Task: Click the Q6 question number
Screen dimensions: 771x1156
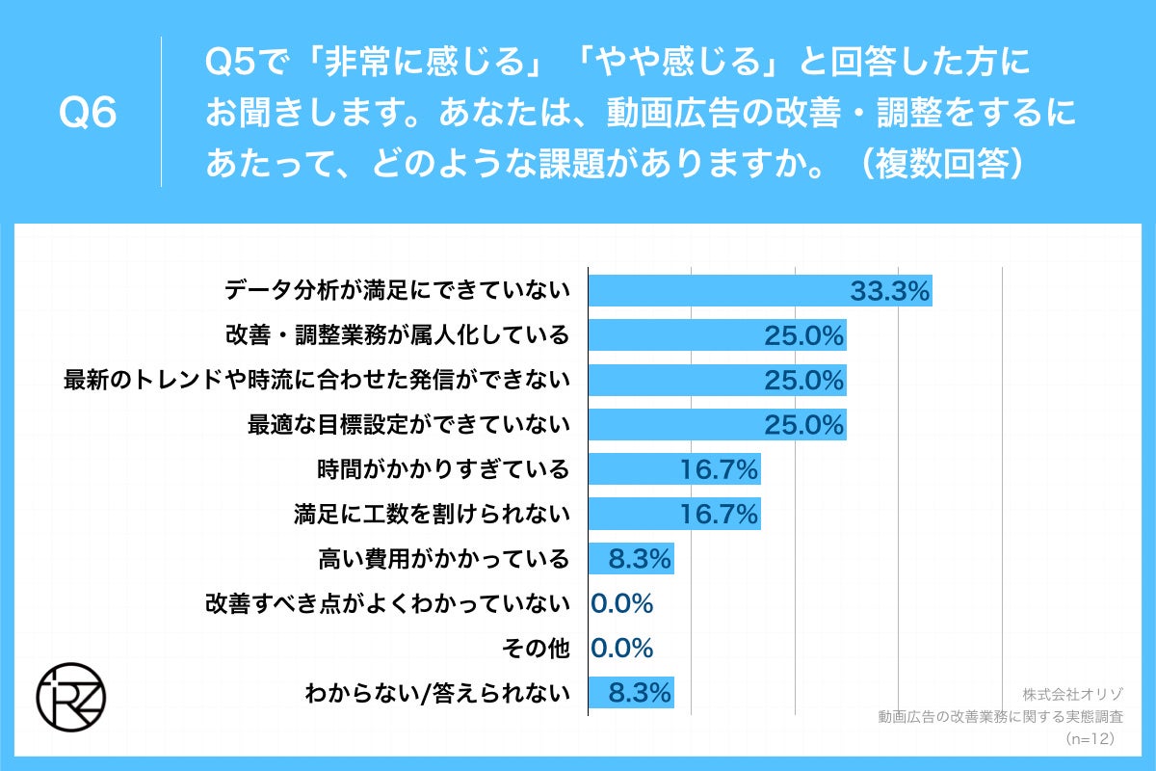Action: click(88, 114)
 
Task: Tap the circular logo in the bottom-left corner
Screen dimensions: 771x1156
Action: click(70, 696)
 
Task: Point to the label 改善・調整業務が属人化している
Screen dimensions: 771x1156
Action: click(397, 335)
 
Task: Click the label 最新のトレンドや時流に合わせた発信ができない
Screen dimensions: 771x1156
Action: click(317, 380)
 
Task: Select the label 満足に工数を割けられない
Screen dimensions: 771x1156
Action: click(432, 514)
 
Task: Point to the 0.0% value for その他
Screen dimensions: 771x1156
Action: click(622, 648)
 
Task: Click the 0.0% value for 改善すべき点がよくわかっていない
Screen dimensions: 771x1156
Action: click(622, 603)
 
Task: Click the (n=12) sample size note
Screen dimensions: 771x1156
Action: click(1090, 738)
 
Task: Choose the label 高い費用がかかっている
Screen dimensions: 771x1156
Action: click(443, 558)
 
